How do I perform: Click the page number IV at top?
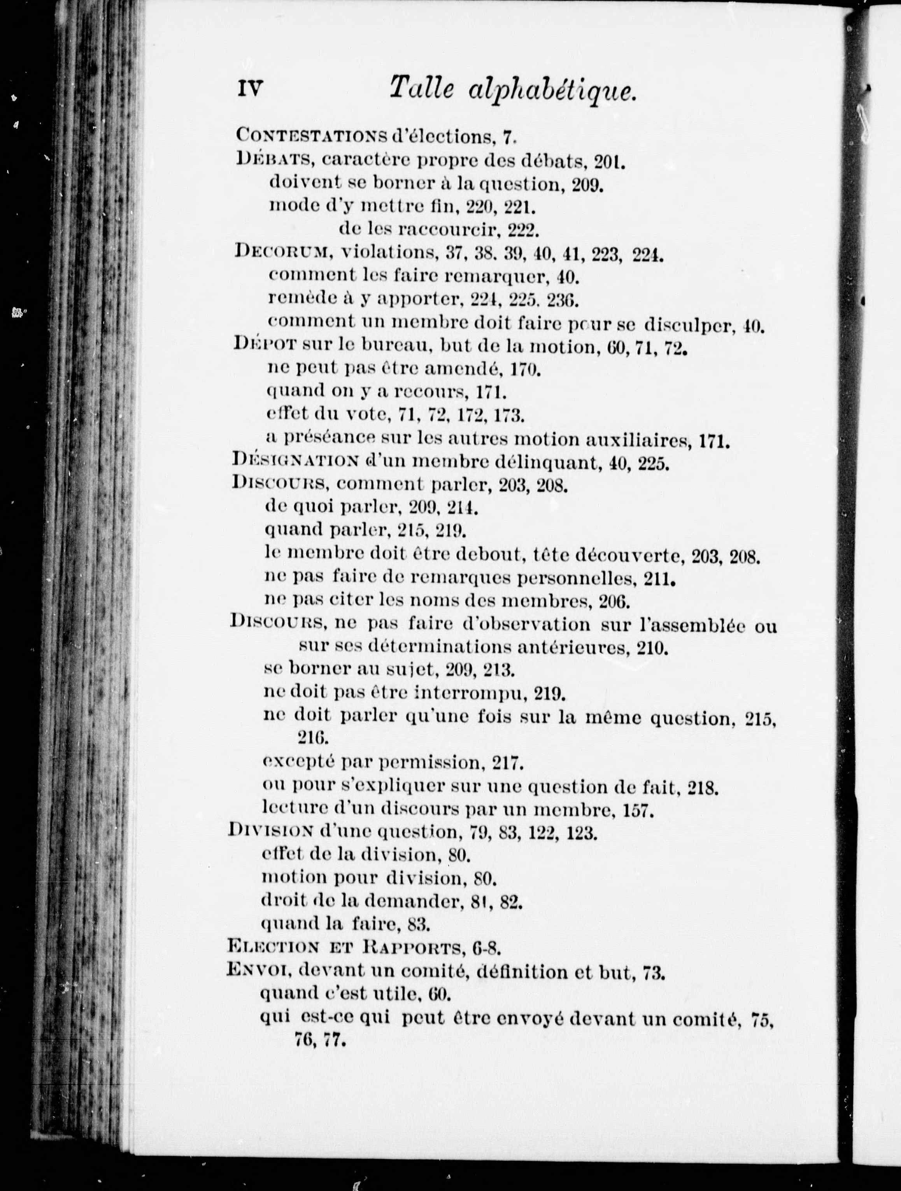point(249,88)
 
